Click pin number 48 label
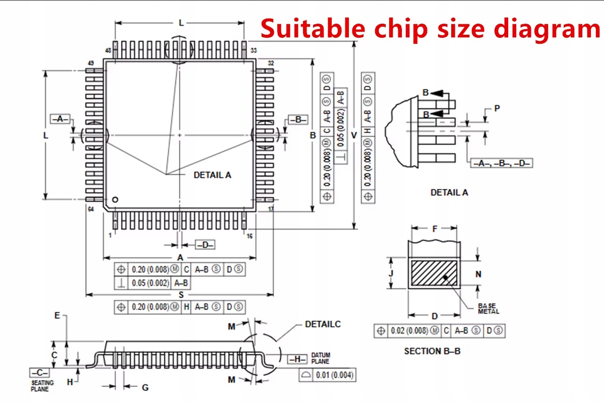(108, 50)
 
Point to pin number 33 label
(254, 50)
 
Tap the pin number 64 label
(91, 209)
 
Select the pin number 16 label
(250, 236)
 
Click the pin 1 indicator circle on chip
(115, 199)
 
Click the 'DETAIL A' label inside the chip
(212, 175)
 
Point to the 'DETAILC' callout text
(323, 324)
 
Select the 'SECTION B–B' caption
(432, 351)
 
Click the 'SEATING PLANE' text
(40, 386)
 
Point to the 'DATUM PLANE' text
(320, 358)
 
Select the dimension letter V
(354, 135)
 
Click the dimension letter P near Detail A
(497, 108)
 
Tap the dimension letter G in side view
(145, 387)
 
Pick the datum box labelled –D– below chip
(205, 245)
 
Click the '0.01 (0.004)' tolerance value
(335, 375)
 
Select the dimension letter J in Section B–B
(391, 273)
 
